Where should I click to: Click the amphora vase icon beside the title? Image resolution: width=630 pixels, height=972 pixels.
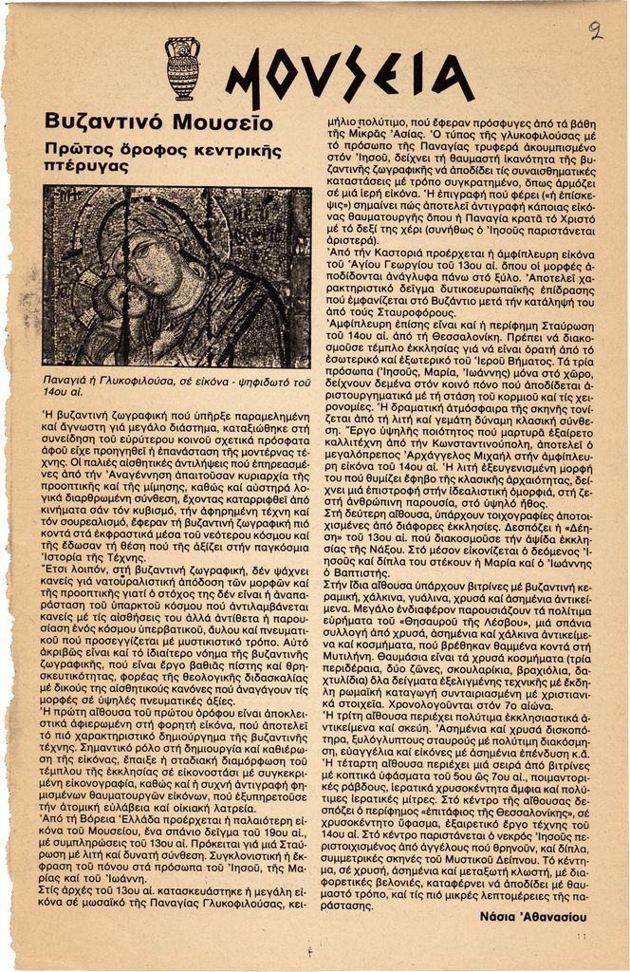pos(182,68)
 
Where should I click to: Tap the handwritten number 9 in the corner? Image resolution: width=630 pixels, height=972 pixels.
pos(595,30)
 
